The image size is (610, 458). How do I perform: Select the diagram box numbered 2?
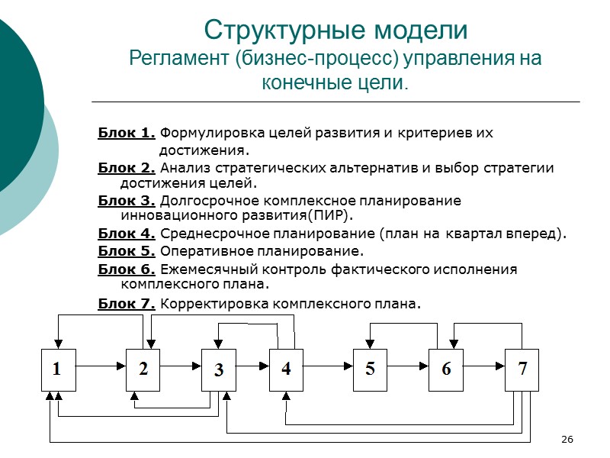(143, 369)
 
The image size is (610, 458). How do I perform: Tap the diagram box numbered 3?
(219, 370)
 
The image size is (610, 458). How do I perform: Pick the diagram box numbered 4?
(286, 369)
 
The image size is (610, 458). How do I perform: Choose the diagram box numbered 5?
(370, 369)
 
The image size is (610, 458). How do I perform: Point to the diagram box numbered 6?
(446, 369)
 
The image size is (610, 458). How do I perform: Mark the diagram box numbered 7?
(522, 369)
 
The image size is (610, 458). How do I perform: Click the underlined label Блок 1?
(127, 133)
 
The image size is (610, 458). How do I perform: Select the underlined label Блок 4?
(127, 234)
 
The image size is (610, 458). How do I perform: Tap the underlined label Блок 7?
(127, 304)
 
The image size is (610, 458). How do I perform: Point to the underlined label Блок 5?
(127, 250)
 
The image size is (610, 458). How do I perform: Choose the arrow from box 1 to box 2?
(99, 366)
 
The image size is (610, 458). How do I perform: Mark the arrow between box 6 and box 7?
(484, 366)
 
